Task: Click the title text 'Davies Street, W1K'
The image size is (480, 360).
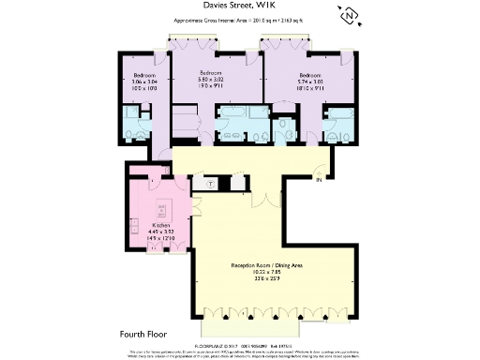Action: (x=239, y=7)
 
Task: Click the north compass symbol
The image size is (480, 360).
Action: (x=349, y=15)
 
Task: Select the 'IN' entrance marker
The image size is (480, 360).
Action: (x=319, y=179)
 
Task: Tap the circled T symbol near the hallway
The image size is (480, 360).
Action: (x=209, y=184)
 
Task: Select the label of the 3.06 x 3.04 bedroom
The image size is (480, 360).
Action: (x=143, y=73)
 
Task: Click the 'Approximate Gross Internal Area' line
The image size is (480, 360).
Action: (x=239, y=21)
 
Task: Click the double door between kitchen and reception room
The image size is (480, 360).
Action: (x=195, y=208)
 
